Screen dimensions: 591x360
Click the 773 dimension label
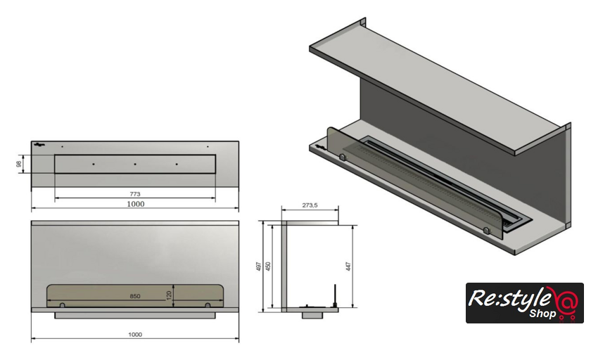tap(135, 194)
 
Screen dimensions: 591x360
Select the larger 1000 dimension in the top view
tap(135, 204)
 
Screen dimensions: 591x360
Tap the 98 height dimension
tap(18, 165)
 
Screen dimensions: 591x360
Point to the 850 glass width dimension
tap(135, 296)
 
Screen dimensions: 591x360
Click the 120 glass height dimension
tap(170, 295)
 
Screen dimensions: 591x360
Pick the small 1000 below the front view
tap(135, 335)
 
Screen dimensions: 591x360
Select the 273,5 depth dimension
tap(310, 205)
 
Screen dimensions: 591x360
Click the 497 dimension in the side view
tap(259, 266)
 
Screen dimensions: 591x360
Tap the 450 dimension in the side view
tap(268, 266)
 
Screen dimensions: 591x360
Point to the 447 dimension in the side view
tap(348, 266)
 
